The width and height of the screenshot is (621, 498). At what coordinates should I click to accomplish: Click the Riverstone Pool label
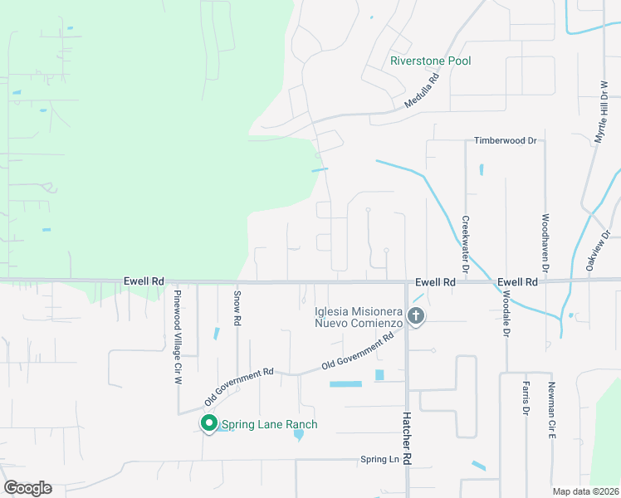point(431,61)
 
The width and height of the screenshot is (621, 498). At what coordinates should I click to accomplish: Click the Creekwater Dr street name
point(465,245)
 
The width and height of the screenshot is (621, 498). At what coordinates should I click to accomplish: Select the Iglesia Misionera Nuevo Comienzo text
point(358,317)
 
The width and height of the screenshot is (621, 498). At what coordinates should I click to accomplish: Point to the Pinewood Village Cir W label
point(177,336)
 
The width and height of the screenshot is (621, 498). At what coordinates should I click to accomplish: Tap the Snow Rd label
point(237,307)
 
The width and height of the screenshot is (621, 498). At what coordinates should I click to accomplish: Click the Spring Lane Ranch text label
point(269,424)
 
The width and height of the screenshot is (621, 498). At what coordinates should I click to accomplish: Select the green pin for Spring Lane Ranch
point(208,424)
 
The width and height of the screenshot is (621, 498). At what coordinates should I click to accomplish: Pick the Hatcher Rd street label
point(407,440)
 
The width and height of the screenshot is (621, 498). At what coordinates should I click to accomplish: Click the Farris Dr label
point(526,398)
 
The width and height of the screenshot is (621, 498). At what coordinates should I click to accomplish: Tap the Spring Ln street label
point(379,459)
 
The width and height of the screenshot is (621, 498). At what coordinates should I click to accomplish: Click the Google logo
point(28,487)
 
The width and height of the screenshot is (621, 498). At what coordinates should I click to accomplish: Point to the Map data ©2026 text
point(584,491)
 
